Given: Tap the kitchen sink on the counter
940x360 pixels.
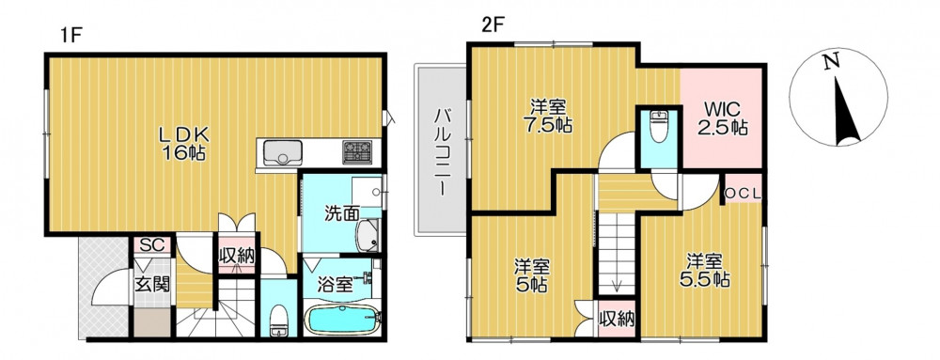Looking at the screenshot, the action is coord(282,152).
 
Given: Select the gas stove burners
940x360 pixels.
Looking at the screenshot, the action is coord(357,151).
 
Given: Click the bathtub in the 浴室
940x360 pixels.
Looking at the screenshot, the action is coord(342,321).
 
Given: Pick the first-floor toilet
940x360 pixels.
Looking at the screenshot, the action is coord(279,321).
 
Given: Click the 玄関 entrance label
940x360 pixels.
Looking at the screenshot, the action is coord(151,283).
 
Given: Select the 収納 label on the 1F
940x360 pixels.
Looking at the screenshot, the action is coord(237,256).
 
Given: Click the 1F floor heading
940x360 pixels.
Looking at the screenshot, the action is coord(70,36).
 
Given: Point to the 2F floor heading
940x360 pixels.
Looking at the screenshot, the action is coord(494,25).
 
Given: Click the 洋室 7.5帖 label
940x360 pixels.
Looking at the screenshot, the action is coord(547,117).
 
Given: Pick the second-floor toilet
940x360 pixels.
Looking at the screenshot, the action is coord(658,127).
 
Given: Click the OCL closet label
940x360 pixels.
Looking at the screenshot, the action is coord(744,193).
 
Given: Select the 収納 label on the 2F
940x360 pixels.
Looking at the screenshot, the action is coord(617,320).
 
